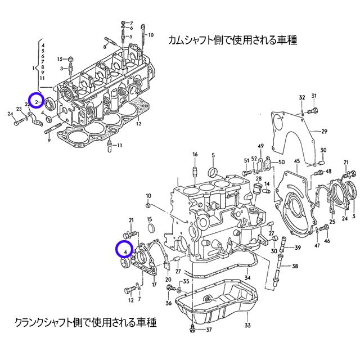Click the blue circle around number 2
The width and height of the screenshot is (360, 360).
pos(37,101)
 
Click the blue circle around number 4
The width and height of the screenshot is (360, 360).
pos(123,248)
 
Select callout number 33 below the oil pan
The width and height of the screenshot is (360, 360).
pos(247,325)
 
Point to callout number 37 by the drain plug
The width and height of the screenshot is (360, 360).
pos(209,330)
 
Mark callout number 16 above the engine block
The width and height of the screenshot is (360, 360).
pos(195,154)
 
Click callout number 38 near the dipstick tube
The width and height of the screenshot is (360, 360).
pos(295,266)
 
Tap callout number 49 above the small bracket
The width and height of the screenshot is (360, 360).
pos(261,146)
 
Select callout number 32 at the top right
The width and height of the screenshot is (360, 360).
pos(301,98)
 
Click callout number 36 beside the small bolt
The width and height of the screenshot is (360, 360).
pos(168,303)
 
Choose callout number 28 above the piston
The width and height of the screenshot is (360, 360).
pos(259,178)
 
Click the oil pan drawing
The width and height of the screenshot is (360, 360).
pos(217,301)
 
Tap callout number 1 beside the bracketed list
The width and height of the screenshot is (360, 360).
pos(34,68)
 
